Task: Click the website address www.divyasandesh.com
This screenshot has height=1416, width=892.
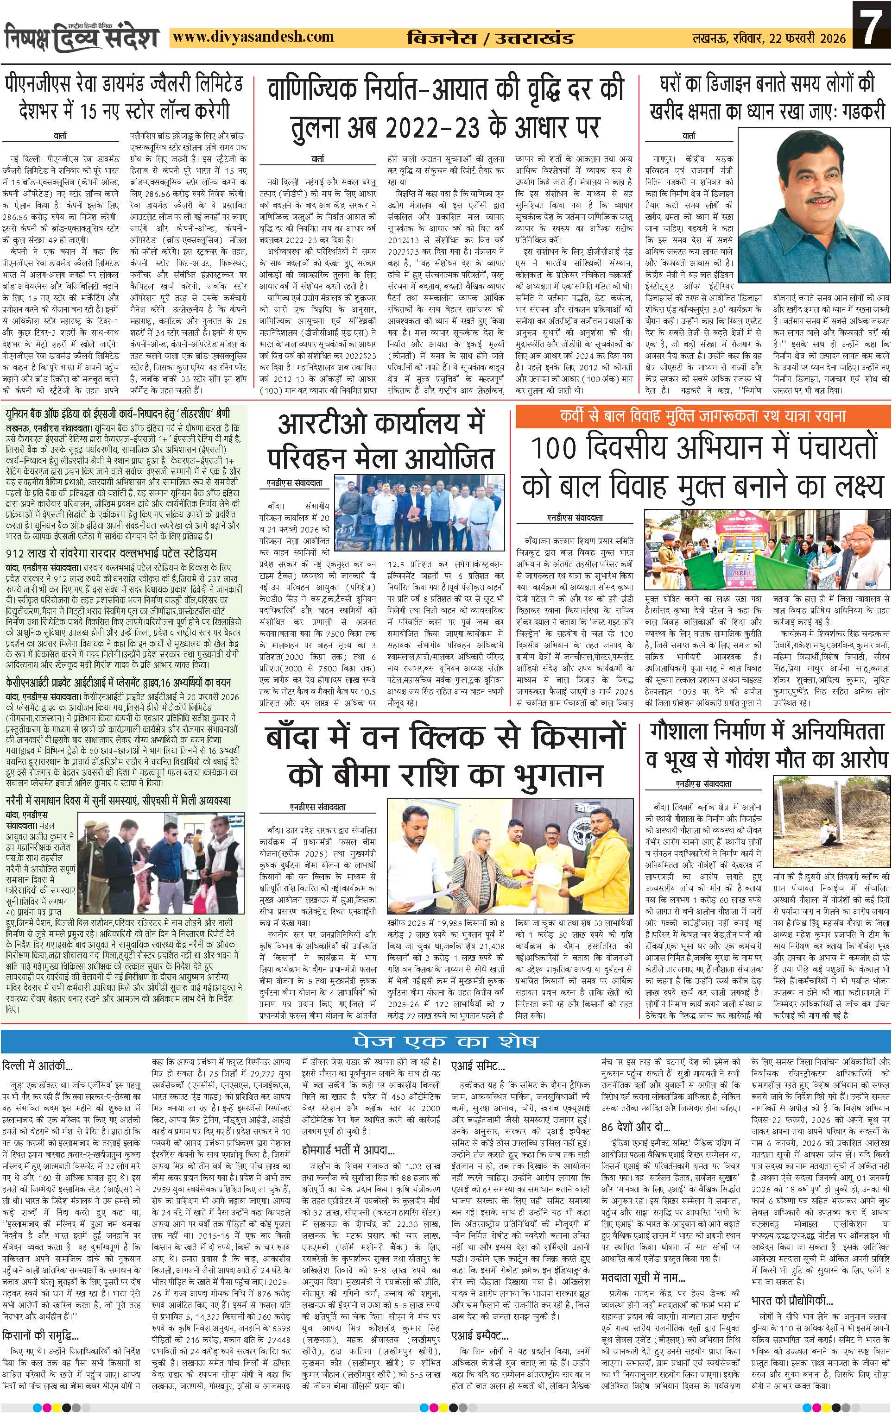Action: (255, 37)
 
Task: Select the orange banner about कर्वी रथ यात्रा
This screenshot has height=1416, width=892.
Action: (702, 416)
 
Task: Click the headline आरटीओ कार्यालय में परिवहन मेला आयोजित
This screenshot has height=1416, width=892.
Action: (380, 440)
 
